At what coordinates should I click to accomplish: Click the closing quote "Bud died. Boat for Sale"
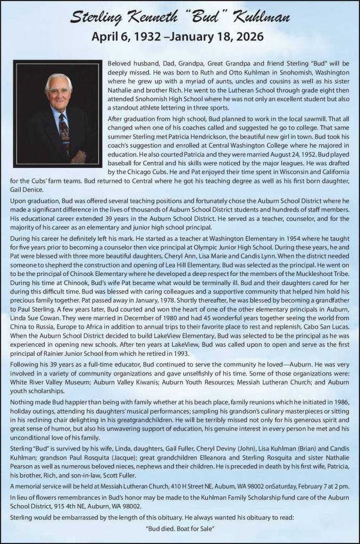[180, 532]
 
